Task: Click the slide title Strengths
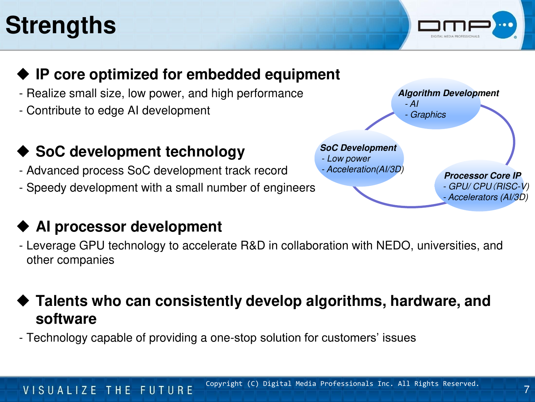pyautogui.click(x=60, y=25)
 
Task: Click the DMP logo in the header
pyautogui.click(x=467, y=25)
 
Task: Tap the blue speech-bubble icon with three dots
pyautogui.click(x=504, y=25)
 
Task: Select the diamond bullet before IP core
pyautogui.click(x=23, y=74)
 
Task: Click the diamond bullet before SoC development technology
pyautogui.click(x=23, y=151)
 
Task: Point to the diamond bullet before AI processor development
pyautogui.click(x=23, y=226)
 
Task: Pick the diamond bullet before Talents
pyautogui.click(x=23, y=301)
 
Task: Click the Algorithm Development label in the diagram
pyautogui.click(x=448, y=93)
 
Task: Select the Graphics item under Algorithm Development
pyautogui.click(x=428, y=115)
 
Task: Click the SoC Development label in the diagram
pyautogui.click(x=358, y=148)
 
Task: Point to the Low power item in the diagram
pyautogui.click(x=348, y=159)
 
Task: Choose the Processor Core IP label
pyautogui.click(x=483, y=175)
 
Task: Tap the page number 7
pyautogui.click(x=526, y=389)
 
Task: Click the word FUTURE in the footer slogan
pyautogui.click(x=167, y=390)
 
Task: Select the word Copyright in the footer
pyautogui.click(x=224, y=384)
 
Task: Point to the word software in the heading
pyautogui.click(x=66, y=319)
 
